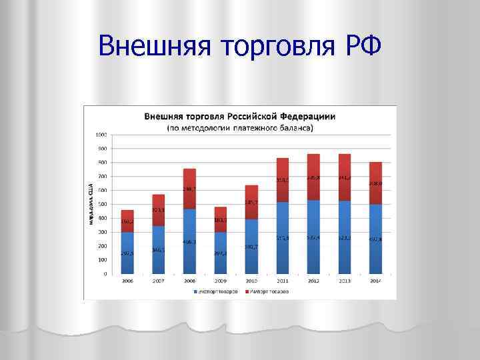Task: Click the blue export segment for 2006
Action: (x=127, y=253)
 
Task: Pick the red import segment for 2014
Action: (x=375, y=183)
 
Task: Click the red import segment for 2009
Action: (x=220, y=219)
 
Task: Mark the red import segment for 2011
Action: (x=283, y=180)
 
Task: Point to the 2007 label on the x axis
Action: (x=158, y=281)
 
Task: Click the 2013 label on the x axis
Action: (x=345, y=281)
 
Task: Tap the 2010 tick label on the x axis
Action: (x=251, y=281)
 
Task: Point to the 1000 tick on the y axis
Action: (x=101, y=135)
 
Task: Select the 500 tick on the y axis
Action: (x=101, y=204)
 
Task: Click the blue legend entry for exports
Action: (x=215, y=292)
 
